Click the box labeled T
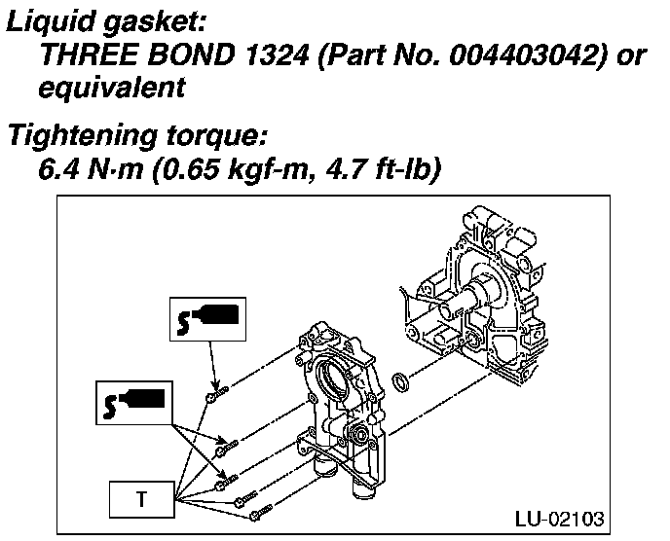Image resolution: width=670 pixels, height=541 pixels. click(140, 500)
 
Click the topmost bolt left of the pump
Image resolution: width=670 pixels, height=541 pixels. click(216, 393)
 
